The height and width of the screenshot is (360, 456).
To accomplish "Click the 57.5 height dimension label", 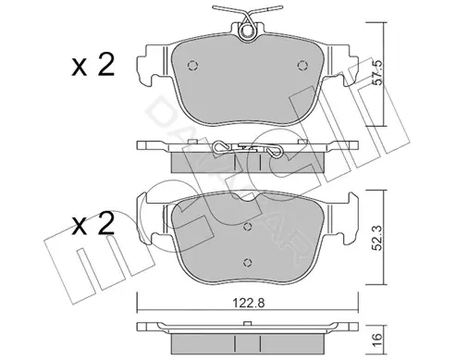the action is pos(378,72).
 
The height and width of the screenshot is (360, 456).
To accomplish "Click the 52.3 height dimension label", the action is pos(378,238).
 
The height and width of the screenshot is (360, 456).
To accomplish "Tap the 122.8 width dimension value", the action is pos(249,304).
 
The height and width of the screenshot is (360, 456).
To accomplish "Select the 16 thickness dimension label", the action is pos(378,341).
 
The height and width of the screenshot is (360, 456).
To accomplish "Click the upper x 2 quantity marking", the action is pos(93,65).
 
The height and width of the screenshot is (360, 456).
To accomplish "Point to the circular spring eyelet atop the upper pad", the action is pos(247,31).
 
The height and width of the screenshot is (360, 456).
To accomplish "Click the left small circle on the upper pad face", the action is pos(193,66).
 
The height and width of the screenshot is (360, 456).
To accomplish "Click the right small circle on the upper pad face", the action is pos(302,66).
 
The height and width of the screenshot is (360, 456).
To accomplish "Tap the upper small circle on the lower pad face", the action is pos(248,227).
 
